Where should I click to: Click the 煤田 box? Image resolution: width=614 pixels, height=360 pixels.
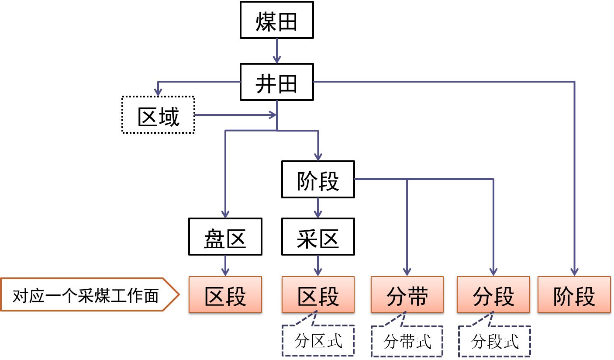click(x=277, y=20)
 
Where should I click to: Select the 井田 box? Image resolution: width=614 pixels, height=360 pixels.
click(x=277, y=82)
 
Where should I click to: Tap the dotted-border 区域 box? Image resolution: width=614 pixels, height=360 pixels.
click(x=158, y=115)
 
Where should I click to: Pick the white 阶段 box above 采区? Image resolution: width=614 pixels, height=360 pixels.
click(x=318, y=180)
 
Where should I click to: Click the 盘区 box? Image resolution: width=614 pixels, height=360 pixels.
click(x=225, y=237)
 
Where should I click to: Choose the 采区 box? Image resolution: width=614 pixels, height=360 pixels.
click(x=318, y=237)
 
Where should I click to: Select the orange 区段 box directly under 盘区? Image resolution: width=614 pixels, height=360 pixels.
click(x=225, y=294)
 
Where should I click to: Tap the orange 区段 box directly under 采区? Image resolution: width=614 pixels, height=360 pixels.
click(x=318, y=294)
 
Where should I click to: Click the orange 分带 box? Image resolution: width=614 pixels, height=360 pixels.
click(x=407, y=294)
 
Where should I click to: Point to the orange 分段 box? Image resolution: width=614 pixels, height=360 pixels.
click(x=493, y=294)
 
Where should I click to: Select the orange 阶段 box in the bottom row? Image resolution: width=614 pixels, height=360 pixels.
click(x=574, y=294)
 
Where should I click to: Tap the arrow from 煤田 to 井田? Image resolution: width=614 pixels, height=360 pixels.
click(x=277, y=51)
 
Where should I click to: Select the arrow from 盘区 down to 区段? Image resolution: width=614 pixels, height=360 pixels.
click(x=225, y=265)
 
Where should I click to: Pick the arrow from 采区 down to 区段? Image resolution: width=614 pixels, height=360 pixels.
click(x=318, y=265)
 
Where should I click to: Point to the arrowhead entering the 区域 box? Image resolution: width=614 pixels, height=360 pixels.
click(x=158, y=91)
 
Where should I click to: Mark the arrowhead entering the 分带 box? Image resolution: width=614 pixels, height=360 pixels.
click(x=407, y=271)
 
